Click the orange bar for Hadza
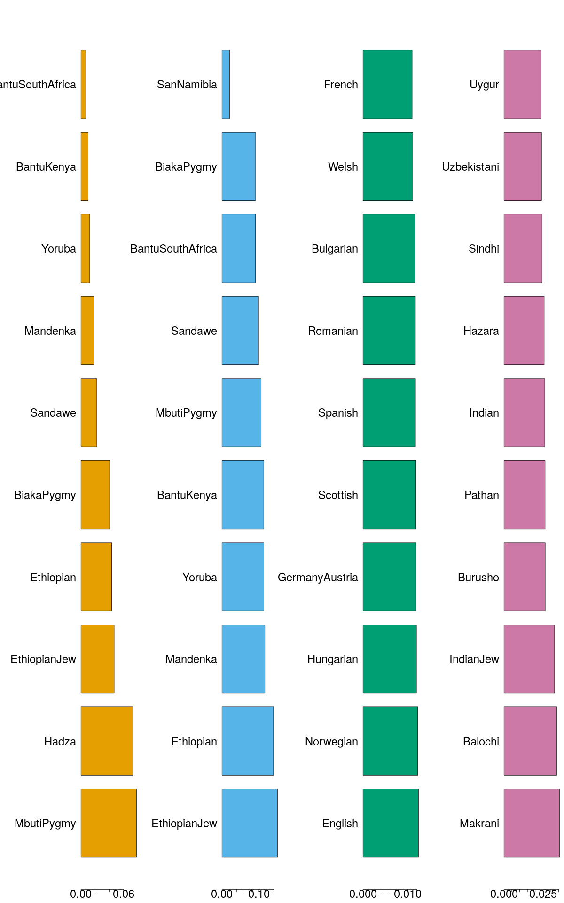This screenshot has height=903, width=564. [107, 741]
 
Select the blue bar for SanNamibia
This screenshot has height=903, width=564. [226, 84]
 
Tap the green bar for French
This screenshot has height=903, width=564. [387, 84]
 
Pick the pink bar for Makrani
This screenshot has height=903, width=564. [532, 823]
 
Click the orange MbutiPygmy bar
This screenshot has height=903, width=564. [109, 823]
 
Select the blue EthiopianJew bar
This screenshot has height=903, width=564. [250, 823]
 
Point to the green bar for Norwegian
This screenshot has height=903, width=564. [390, 741]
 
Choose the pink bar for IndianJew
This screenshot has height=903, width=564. [529, 659]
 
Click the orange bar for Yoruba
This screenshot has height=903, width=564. [85, 248]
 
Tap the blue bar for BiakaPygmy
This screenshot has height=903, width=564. [239, 166]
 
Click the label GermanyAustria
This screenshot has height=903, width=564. [318, 578]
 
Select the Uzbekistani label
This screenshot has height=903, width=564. [470, 167]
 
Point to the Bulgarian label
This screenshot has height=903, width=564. [335, 249]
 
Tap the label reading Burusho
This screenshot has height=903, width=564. [478, 578]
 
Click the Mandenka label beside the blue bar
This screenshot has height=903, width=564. [191, 659]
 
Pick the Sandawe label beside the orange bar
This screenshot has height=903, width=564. [53, 413]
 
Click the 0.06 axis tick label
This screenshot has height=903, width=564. [124, 894]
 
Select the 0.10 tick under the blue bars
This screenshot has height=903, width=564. [259, 894]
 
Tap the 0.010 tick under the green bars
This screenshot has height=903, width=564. [407, 894]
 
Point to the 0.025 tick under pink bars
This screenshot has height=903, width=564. [543, 894]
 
